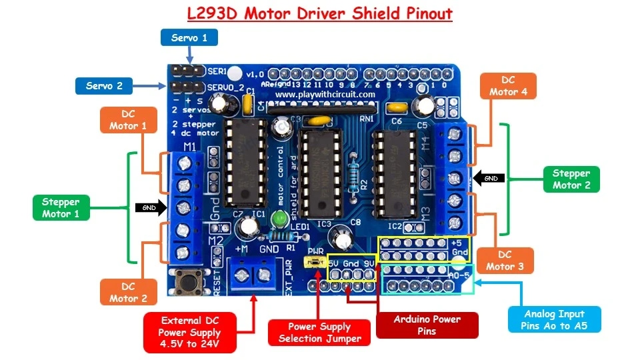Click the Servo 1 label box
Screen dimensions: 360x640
click(x=189, y=37)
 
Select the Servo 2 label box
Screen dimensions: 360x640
click(x=104, y=85)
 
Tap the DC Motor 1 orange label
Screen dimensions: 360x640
click(x=128, y=120)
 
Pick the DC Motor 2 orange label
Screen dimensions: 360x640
click(x=128, y=293)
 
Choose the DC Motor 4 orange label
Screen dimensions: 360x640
click(x=508, y=86)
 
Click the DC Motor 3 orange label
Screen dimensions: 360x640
click(x=508, y=261)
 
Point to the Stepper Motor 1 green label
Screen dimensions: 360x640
click(x=61, y=208)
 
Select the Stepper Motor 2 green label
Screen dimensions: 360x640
click(x=571, y=179)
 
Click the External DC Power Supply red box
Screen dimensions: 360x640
click(x=190, y=332)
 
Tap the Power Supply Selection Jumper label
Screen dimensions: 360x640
click(x=319, y=332)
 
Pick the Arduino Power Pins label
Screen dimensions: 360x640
click(x=427, y=325)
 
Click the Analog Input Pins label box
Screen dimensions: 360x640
click(x=554, y=319)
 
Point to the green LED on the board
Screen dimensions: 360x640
click(x=279, y=218)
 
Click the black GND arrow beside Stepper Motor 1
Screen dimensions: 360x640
click(x=149, y=207)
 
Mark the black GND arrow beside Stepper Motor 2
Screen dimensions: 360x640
click(x=489, y=178)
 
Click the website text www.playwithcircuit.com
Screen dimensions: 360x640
click(x=325, y=95)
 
